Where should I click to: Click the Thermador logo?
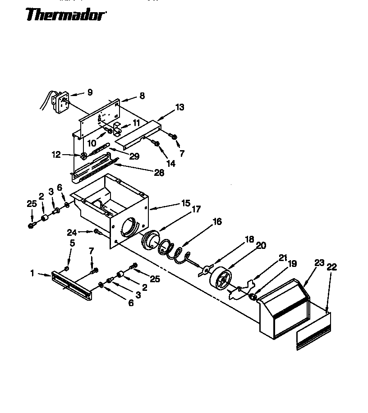pos(66,15)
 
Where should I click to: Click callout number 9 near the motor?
pos(90,92)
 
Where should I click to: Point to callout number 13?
pos(180,107)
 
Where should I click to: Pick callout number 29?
pos(134,156)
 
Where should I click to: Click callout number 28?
pos(159,173)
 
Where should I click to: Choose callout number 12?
pos(56,155)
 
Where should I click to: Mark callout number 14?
pos(171,164)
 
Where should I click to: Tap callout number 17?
pos(196,210)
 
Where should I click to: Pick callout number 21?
pos(283,258)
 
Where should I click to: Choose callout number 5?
pos(72,243)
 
